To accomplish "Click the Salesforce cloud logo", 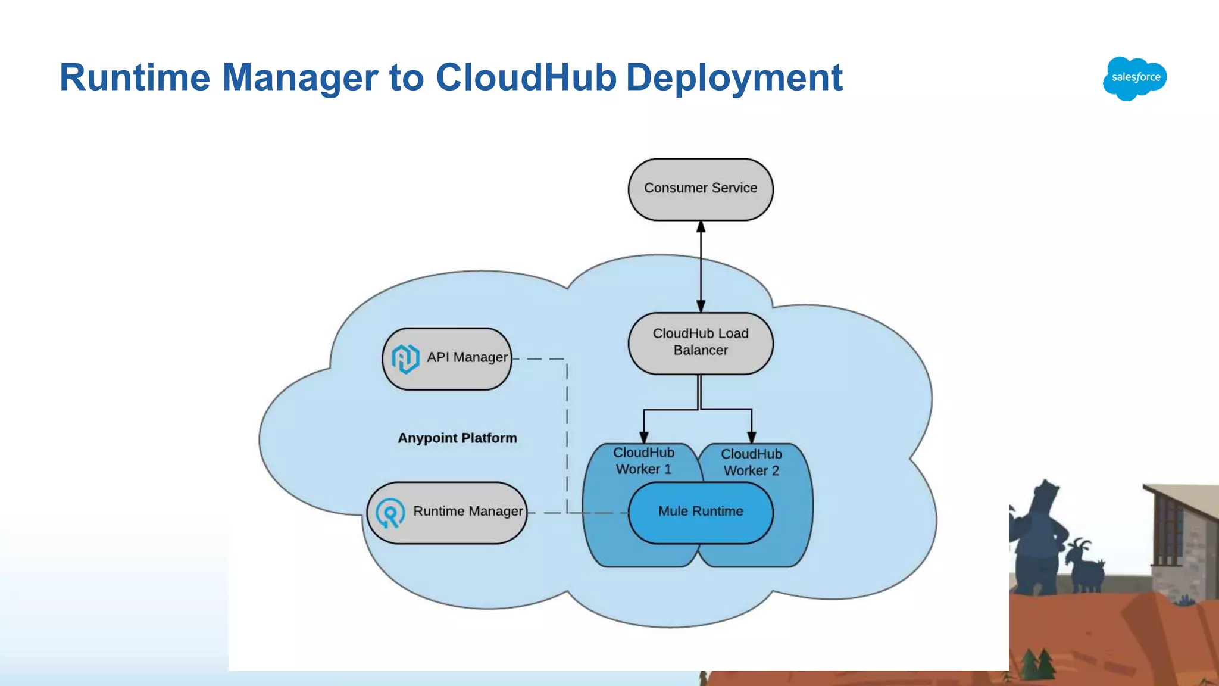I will [x=1134, y=78].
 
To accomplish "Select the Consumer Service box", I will [x=701, y=189].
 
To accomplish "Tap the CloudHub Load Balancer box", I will [x=701, y=343].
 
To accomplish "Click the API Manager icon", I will [x=405, y=358].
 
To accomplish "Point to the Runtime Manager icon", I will [x=390, y=513].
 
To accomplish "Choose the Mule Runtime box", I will [x=701, y=512].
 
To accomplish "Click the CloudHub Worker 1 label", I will [x=643, y=461].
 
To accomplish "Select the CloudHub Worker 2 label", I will [x=751, y=462].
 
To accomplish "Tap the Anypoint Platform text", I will [x=457, y=438].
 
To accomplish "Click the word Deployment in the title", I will [x=734, y=77].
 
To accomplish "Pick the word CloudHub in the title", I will [x=526, y=77].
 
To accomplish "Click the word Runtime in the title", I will [x=135, y=77].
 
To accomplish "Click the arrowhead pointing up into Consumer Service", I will [x=701, y=227].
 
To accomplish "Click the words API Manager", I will [x=467, y=357].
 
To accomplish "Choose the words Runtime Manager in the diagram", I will [x=468, y=512].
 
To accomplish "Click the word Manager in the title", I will [x=300, y=77].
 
